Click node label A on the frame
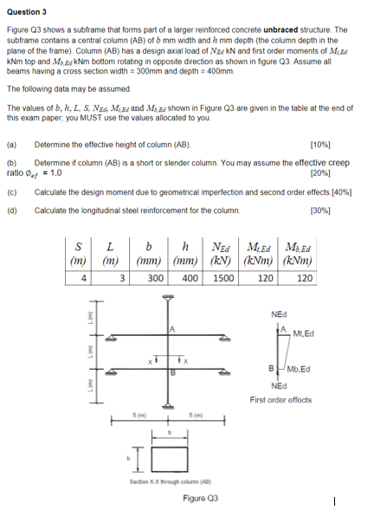(172, 329)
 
